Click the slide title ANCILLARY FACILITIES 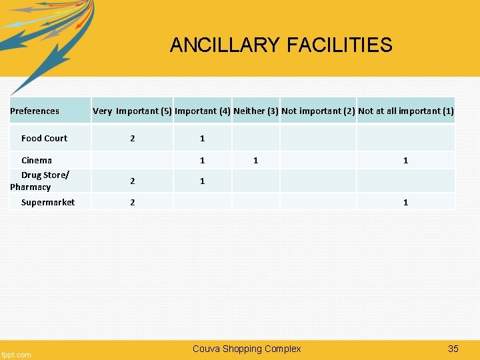click(x=281, y=45)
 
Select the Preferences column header click(x=35, y=111)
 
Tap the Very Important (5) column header click(x=132, y=111)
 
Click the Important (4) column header click(x=202, y=111)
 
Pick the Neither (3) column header click(x=255, y=111)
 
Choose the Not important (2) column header click(x=317, y=111)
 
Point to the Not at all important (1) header click(x=405, y=111)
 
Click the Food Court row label click(x=44, y=139)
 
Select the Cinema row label click(x=37, y=161)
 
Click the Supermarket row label click(x=47, y=203)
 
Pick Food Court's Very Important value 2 click(x=132, y=139)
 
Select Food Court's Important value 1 click(x=202, y=139)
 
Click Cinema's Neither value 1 click(x=255, y=161)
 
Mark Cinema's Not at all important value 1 click(x=405, y=161)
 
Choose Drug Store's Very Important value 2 click(x=132, y=181)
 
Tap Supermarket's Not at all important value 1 click(x=405, y=203)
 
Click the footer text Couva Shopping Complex click(x=247, y=349)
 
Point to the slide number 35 click(x=453, y=349)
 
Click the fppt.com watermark click(x=16, y=354)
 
